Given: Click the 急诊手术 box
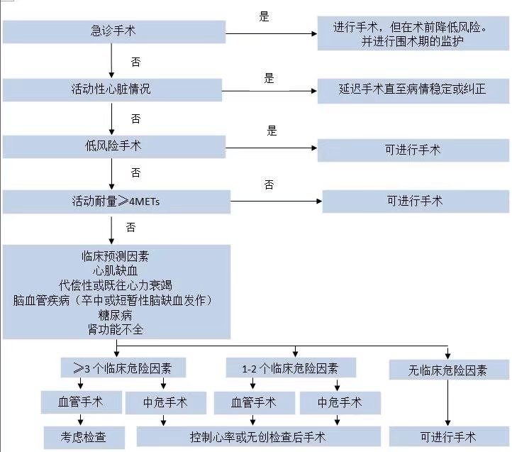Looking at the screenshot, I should [x=113, y=31].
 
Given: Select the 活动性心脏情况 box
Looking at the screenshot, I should [x=113, y=89].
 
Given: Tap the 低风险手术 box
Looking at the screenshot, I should [x=113, y=146].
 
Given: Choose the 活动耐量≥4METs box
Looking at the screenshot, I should [x=116, y=202].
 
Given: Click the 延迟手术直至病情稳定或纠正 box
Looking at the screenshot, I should [x=412, y=90].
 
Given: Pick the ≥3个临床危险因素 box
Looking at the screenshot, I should [x=123, y=368].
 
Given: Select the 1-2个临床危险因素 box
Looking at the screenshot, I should [x=291, y=368].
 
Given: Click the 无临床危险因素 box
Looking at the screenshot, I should [x=448, y=370].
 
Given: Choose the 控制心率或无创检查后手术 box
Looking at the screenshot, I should [x=260, y=436].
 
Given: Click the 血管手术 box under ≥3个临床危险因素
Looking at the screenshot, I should [x=79, y=402].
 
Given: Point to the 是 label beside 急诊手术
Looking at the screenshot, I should [x=265, y=16].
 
